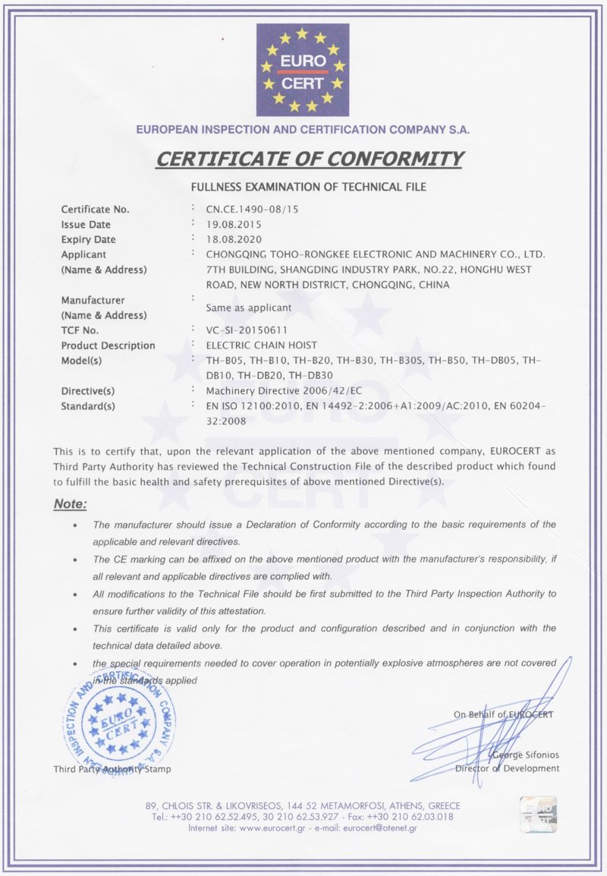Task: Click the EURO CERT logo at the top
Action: coord(302,69)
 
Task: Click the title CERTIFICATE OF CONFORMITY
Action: coord(309,159)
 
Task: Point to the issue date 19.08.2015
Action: coord(234,225)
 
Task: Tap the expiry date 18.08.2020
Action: coord(234,240)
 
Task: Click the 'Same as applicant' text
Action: coord(249,308)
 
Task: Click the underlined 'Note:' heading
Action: coord(71,504)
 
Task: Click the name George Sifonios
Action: coord(526,755)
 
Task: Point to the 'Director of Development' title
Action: coord(508,768)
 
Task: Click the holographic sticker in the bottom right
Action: coord(538,815)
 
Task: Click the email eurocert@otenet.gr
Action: coord(379,827)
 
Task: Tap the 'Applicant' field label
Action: coord(83,254)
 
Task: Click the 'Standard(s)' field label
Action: coord(88,406)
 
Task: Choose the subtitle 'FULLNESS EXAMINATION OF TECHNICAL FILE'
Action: coord(308,186)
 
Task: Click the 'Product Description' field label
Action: coord(108,345)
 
